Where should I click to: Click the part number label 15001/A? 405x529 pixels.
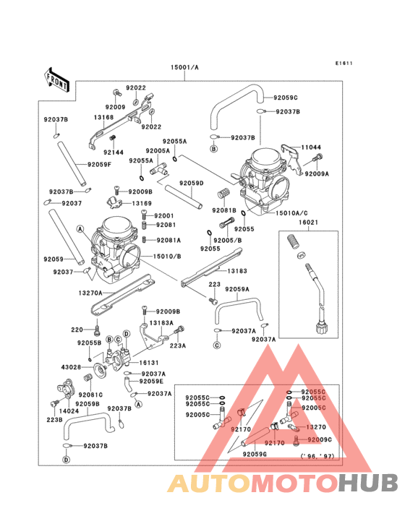click(184, 67)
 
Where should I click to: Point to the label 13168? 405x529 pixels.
click(103, 117)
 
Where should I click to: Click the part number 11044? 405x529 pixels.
click(311, 146)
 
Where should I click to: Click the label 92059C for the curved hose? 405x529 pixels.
click(286, 97)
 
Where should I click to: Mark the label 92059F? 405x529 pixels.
click(100, 165)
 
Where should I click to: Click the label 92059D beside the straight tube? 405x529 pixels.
click(192, 184)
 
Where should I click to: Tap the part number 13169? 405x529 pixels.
click(141, 204)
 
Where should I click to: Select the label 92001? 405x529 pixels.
click(164, 216)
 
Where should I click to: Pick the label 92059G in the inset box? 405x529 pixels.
click(255, 454)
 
